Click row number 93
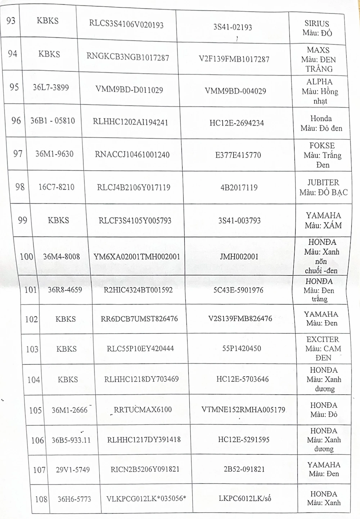tap(11, 21)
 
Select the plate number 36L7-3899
tap(51, 87)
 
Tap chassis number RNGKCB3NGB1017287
tap(128, 57)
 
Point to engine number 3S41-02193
tap(233, 27)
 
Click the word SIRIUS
tap(316, 24)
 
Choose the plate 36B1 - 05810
tap(53, 121)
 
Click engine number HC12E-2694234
tap(237, 123)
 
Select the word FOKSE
tap(322, 146)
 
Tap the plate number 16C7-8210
tap(57, 187)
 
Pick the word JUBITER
tap(323, 182)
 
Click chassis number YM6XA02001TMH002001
tap(137, 257)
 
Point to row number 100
tap(27, 257)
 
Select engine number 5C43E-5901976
tap(241, 290)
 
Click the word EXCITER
tap(323, 339)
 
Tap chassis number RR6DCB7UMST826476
tap(139, 319)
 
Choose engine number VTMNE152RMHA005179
tap(243, 409)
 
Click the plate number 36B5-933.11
tap(71, 440)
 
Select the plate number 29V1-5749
tap(73, 470)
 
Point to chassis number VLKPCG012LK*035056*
tap(147, 499)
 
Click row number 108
tap(41, 499)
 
